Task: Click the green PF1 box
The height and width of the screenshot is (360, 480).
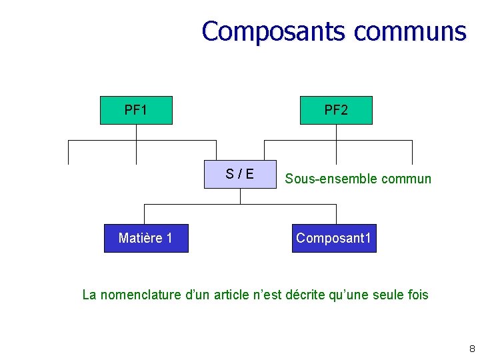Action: click(136, 110)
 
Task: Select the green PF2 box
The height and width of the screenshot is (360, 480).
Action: click(336, 110)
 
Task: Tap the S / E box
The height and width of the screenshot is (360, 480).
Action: click(240, 175)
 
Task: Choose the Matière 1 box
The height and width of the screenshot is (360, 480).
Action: click(146, 238)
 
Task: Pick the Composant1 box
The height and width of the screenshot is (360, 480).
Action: click(334, 238)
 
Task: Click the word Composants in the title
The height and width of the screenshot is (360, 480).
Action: click(275, 31)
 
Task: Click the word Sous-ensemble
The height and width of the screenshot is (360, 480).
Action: click(323, 179)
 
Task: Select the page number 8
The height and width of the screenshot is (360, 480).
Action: click(472, 349)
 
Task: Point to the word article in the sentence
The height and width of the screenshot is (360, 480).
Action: click(237, 294)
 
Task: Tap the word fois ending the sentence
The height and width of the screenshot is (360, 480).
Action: click(417, 294)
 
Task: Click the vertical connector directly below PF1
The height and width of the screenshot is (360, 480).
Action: click(136, 133)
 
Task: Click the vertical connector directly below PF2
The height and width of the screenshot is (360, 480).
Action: click(336, 133)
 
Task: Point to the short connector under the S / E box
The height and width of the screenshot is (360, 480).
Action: click(240, 196)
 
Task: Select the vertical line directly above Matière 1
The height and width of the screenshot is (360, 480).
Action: click(145, 214)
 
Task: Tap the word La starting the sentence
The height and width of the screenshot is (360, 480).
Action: click(89, 294)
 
